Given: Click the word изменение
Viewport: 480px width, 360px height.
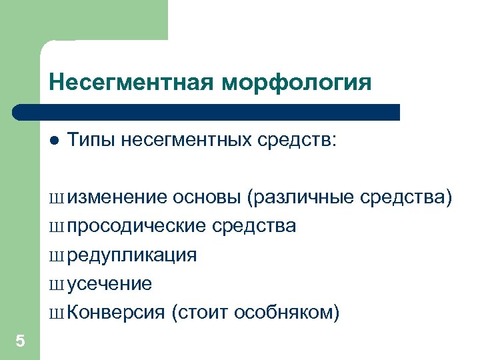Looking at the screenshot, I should click(x=117, y=197).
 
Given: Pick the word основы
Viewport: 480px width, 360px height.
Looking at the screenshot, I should click(x=207, y=197).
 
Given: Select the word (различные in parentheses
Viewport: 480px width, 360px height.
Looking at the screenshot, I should click(x=300, y=197).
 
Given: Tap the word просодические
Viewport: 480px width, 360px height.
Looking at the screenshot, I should click(x=137, y=227).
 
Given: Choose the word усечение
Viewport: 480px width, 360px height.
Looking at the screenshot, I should click(x=109, y=284).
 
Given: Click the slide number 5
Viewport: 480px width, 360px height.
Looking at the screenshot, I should click(x=20, y=342).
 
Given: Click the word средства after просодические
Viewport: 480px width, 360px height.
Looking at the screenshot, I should click(x=255, y=227).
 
